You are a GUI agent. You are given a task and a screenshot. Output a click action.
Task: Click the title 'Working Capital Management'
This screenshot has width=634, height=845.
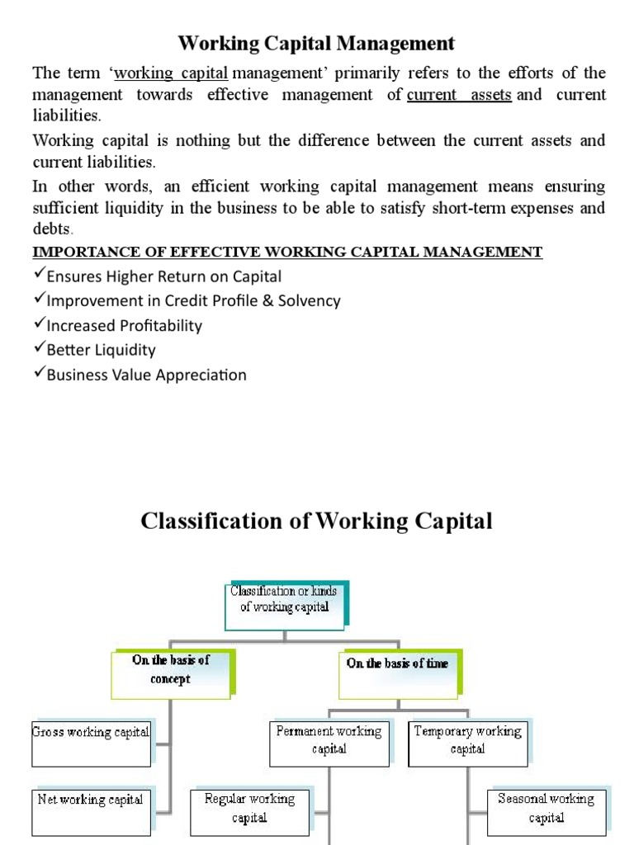click(317, 42)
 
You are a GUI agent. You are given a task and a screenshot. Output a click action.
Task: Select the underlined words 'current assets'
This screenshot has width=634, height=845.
click(459, 95)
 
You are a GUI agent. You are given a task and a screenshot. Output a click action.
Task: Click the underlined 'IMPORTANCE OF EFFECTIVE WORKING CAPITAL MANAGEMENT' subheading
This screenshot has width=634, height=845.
click(287, 252)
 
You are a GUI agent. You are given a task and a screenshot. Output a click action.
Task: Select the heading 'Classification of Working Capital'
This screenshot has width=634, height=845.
click(317, 522)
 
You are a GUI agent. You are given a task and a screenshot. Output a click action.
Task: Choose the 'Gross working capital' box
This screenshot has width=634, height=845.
click(91, 732)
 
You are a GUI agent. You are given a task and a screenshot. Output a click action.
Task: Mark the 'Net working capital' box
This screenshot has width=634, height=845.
click(91, 800)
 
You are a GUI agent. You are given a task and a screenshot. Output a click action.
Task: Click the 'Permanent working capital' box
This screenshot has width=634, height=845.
click(329, 740)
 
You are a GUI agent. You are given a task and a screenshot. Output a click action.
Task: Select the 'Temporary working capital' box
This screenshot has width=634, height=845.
click(467, 740)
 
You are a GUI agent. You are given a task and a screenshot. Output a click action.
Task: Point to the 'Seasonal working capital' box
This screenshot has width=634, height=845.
click(546, 808)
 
